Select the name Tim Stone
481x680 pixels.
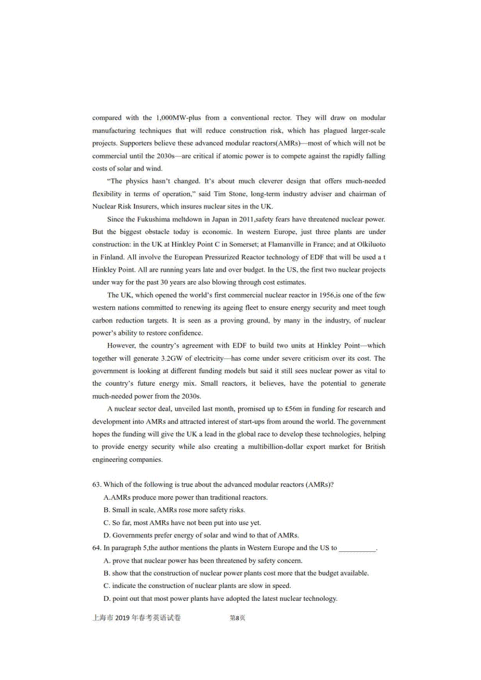coord(230,194)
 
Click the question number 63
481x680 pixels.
coord(97,485)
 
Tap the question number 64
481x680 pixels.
coord(97,548)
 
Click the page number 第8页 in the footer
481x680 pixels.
coord(237,618)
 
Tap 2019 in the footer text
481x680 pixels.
coord(122,618)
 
